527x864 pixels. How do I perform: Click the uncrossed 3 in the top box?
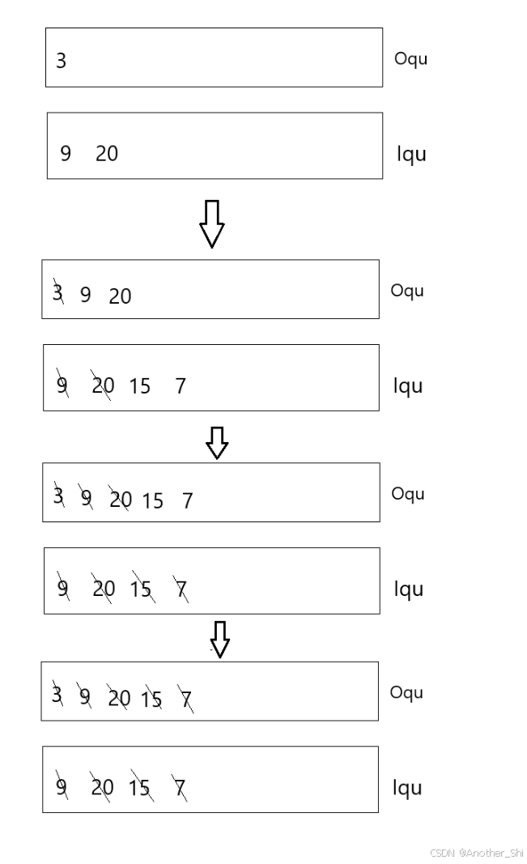(62, 61)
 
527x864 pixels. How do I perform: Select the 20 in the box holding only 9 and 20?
(107, 153)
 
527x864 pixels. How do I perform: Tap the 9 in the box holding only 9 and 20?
(66, 153)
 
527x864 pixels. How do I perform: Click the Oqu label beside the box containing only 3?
(410, 58)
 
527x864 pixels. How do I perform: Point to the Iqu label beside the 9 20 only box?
(411, 154)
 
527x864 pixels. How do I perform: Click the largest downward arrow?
(211, 223)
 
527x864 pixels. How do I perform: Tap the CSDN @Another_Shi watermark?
(477, 853)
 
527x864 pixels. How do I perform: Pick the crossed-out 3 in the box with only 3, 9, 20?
(57, 293)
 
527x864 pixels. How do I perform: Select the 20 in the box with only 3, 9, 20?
(120, 296)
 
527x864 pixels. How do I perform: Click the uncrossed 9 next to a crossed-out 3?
(85, 295)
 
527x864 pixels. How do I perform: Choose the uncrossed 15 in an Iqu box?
(140, 386)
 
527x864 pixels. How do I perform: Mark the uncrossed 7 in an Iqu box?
(181, 386)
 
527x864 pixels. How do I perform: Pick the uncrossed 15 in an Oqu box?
(152, 501)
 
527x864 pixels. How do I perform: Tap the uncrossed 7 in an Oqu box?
(187, 501)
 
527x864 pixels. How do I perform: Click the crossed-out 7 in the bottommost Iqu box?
(179, 786)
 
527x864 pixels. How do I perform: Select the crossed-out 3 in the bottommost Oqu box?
(57, 695)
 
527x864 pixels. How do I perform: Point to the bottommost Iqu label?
(407, 788)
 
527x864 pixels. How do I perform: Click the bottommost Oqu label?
(406, 692)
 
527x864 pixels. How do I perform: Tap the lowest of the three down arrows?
(219, 639)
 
